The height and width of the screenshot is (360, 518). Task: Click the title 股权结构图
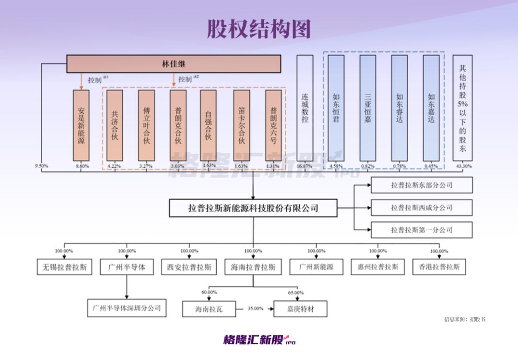coord(259,29)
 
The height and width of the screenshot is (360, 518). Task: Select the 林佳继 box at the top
coord(174,64)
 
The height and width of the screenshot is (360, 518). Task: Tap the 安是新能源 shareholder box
coord(81,125)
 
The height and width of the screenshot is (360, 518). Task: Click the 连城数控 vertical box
coord(305,108)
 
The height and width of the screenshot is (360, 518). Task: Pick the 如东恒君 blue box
coord(336,108)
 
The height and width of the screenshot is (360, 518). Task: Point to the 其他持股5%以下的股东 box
coord(462,108)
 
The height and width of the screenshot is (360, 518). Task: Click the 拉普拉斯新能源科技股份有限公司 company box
coord(253,208)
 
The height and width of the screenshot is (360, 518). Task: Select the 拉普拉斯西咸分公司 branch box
coord(422,208)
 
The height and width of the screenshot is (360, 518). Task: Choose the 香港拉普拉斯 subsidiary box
coord(439,267)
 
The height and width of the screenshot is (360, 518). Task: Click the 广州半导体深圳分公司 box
coord(127,308)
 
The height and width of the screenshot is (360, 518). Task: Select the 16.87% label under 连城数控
coord(304,166)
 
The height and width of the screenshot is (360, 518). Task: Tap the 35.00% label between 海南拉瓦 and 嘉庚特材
coord(255,309)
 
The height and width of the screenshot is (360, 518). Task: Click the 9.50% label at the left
coord(41,166)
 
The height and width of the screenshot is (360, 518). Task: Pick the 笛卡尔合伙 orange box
coord(241,125)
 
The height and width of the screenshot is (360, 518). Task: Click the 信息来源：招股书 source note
coord(464,319)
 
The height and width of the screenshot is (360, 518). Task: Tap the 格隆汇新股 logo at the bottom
coord(259,339)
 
